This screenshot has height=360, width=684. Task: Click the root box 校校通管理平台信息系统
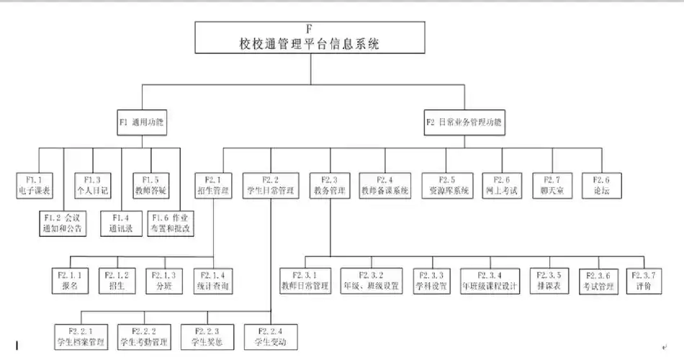pyautogui.click(x=309, y=37)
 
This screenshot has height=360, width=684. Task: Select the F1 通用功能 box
pyautogui.click(x=142, y=123)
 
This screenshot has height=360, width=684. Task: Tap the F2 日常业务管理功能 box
pyautogui.click(x=464, y=123)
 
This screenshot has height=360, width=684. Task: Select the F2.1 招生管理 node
pyautogui.click(x=213, y=185)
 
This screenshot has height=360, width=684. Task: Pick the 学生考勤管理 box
pyautogui.click(x=143, y=335)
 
